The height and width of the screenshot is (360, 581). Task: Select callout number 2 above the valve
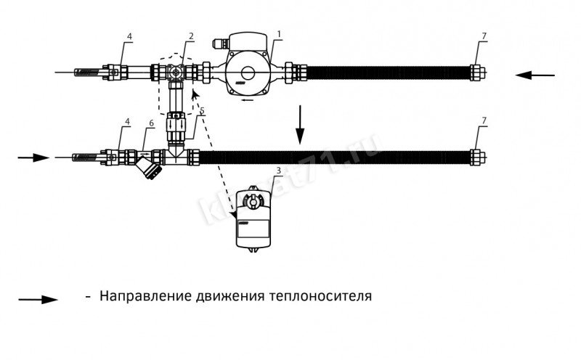pos(190,36)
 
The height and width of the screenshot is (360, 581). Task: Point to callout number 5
pos(201,112)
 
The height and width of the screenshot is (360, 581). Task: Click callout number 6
pos(151,124)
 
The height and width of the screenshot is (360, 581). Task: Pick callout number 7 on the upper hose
pos(484,36)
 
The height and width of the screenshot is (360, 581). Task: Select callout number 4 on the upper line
pos(129,36)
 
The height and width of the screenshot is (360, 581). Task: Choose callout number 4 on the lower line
pos(129,124)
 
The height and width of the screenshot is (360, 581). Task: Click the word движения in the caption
pos(230,297)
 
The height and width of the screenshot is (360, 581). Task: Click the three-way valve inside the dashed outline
pos(174,73)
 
